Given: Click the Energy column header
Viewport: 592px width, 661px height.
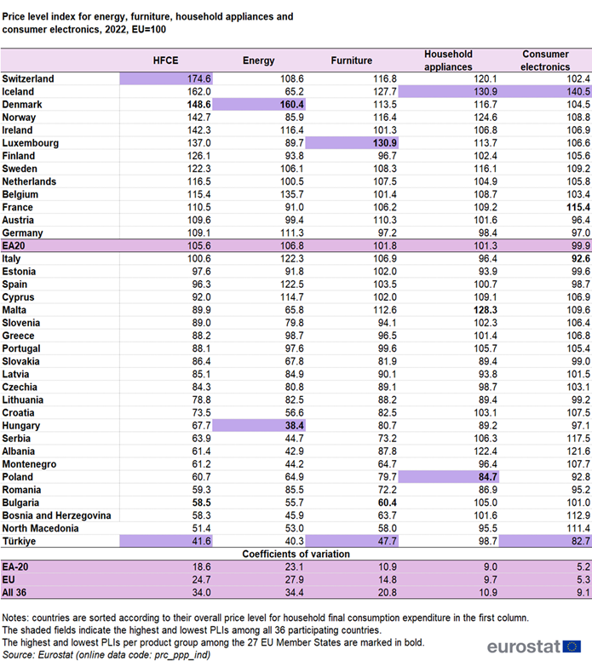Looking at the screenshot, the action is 258,60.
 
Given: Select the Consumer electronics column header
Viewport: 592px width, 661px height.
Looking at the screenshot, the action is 545,60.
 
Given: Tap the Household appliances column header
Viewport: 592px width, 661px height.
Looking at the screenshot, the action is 448,60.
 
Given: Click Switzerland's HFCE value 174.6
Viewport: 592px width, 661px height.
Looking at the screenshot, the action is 199,79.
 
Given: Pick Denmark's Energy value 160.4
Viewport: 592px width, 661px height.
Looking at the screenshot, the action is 292,105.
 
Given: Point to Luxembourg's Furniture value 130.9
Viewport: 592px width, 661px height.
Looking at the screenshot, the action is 384,143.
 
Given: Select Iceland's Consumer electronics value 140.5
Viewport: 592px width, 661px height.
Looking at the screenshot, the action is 578,91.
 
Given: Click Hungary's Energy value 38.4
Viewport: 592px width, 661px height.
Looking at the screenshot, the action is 295,425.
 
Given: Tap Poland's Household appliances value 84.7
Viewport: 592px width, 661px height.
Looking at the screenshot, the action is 488,477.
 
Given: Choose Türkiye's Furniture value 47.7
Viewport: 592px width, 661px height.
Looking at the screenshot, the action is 387,541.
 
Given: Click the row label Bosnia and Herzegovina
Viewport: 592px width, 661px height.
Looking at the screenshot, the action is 56,515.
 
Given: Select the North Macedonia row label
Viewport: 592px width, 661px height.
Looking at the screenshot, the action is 41,528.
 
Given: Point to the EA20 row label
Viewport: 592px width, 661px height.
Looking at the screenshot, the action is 14,246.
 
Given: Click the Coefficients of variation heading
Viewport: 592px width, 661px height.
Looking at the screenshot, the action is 296,554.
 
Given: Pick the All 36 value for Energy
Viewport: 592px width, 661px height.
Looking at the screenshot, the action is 295,592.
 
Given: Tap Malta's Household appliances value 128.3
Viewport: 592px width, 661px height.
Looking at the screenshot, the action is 486,310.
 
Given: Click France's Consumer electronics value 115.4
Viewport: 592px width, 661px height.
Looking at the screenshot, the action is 578,207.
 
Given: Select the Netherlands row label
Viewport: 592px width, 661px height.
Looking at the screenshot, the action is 29,181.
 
